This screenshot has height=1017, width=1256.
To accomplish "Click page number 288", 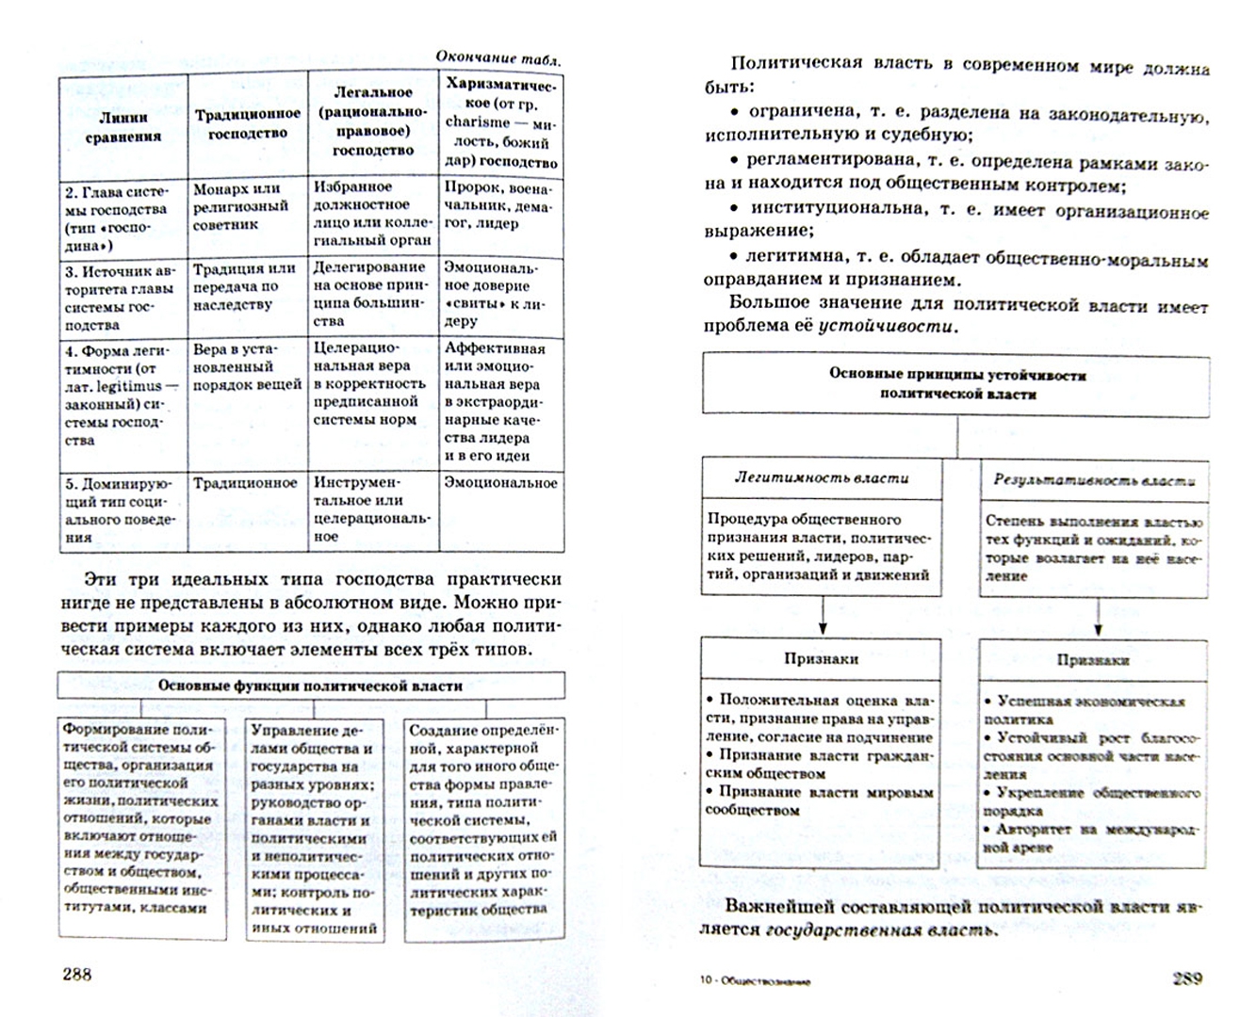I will (x=77, y=975).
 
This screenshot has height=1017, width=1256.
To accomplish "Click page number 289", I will (x=1187, y=978).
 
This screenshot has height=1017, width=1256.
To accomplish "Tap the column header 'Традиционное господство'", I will (x=247, y=123).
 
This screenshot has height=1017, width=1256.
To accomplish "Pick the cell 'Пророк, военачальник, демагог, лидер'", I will (x=499, y=205).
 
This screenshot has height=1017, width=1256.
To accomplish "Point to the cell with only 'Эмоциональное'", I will (x=500, y=483).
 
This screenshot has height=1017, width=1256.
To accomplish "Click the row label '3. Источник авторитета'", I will (x=122, y=297).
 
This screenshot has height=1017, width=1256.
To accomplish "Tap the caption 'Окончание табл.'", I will (x=498, y=57).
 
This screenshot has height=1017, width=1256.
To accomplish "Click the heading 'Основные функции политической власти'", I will (x=310, y=686).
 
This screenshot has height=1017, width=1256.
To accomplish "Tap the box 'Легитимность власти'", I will (x=822, y=478).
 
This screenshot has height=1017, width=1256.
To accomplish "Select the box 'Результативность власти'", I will (x=1094, y=480).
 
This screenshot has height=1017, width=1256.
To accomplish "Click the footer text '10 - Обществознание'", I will (x=755, y=981).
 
